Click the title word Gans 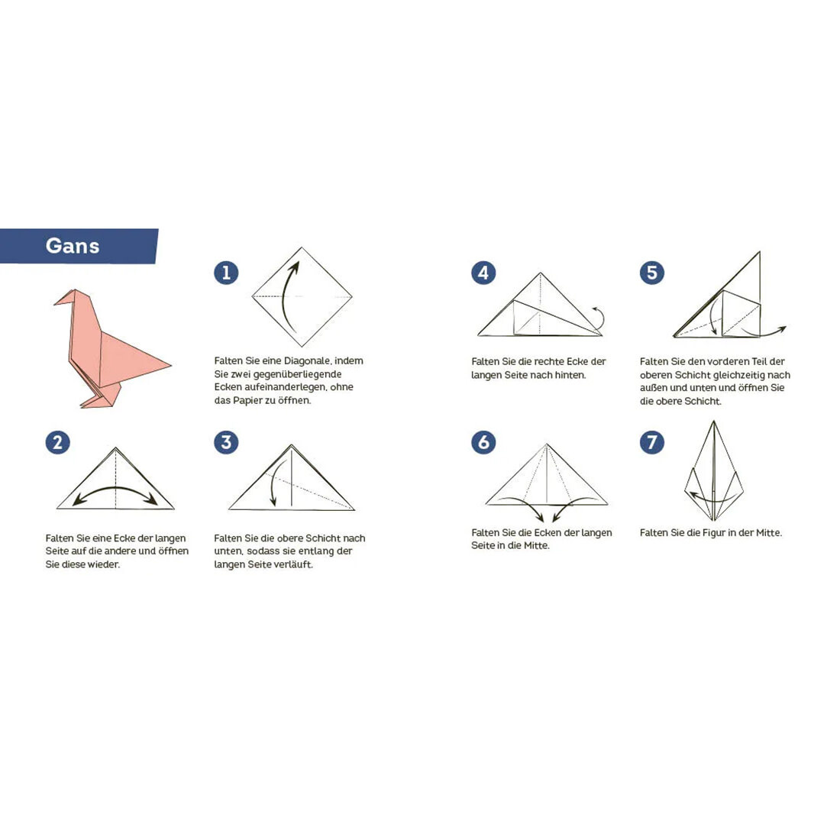point(73,246)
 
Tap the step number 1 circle point(226,273)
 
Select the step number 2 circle point(58,442)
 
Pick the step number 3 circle point(226,442)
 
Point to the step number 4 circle point(483,273)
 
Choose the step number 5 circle point(652,273)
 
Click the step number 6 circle point(483,442)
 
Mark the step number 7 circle point(652,442)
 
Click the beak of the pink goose point(60,301)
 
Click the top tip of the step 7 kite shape point(713,421)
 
